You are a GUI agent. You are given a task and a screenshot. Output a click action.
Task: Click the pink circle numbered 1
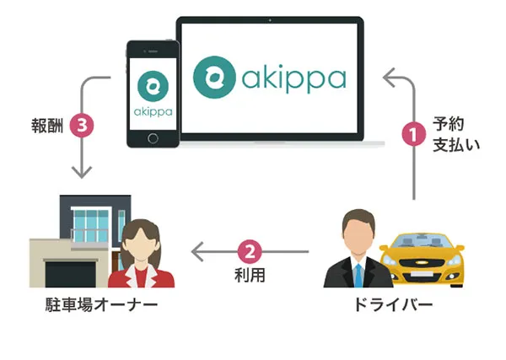pyautogui.click(x=414, y=133)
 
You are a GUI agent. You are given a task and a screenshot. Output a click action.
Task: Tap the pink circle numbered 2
pyautogui.click(x=250, y=251)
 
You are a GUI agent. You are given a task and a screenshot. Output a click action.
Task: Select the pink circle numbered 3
pyautogui.click(x=82, y=125)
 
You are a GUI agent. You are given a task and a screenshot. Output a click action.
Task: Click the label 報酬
pyautogui.click(x=47, y=126)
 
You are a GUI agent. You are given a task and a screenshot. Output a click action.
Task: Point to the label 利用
pyautogui.click(x=250, y=275)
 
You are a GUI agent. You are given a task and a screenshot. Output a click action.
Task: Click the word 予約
pyautogui.click(x=449, y=124)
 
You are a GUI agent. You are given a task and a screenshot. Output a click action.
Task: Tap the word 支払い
pyautogui.click(x=456, y=145)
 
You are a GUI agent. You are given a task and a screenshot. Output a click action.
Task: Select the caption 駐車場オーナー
pyautogui.click(x=101, y=304)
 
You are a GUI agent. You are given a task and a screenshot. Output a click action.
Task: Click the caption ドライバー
pyautogui.click(x=393, y=304)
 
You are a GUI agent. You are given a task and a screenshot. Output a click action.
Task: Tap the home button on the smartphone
pyautogui.click(x=153, y=138)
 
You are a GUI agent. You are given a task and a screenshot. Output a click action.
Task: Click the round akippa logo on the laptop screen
pyautogui.click(x=214, y=77)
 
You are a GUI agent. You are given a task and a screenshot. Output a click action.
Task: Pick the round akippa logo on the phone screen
pyautogui.click(x=153, y=86)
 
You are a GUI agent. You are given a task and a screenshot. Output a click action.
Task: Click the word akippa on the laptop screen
pyautogui.click(x=294, y=78)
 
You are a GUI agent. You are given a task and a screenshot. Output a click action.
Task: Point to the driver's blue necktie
pyautogui.click(x=358, y=275)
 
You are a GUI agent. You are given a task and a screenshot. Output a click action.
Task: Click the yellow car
pyautogui.click(x=422, y=260)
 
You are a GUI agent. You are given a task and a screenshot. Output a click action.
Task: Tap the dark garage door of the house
pyautogui.click(x=70, y=274)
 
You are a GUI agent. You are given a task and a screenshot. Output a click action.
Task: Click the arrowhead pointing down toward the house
pyautogui.click(x=82, y=173)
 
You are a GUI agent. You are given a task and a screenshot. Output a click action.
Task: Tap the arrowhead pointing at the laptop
pyautogui.click(x=389, y=78)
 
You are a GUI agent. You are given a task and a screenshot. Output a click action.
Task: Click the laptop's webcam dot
pyautogui.click(x=270, y=20)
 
